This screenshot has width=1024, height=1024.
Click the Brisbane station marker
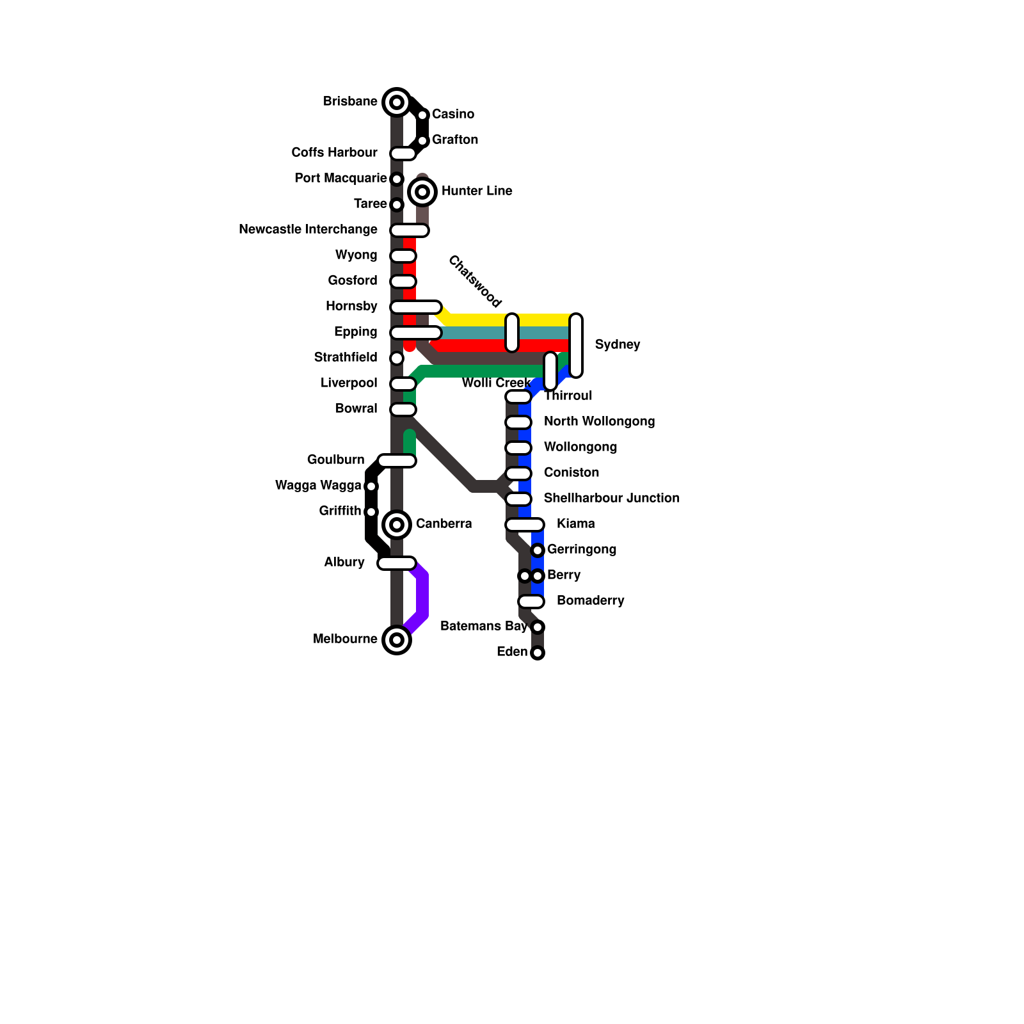pyautogui.click(x=397, y=102)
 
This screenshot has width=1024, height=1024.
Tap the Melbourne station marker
pyautogui.click(x=397, y=639)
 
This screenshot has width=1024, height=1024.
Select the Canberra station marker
pyautogui.click(x=397, y=525)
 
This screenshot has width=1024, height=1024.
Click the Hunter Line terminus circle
pyautogui.click(x=422, y=192)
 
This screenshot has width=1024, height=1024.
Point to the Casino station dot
pyautogui.click(x=422, y=115)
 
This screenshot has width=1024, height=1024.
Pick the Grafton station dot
pyautogui.click(x=422, y=141)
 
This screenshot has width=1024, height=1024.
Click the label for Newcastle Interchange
pyautogui.click(x=308, y=230)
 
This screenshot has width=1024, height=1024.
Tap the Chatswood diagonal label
pyautogui.click(x=474, y=281)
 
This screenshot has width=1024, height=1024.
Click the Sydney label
pyautogui.click(x=617, y=344)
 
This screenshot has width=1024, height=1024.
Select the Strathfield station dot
pyautogui.click(x=397, y=358)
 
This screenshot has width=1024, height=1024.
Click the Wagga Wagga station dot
pyautogui.click(x=371, y=486)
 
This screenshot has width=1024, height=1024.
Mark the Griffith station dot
pyautogui.click(x=371, y=512)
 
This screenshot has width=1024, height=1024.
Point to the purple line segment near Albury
pyautogui.click(x=422, y=595)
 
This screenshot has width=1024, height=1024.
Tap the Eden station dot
pyautogui.click(x=538, y=653)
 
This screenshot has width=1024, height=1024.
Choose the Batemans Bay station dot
pyautogui.click(x=538, y=627)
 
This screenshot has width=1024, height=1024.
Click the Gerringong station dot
pyautogui.click(x=538, y=550)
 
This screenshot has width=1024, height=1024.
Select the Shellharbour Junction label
pyautogui.click(x=611, y=498)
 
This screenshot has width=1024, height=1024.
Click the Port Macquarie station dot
pyautogui.click(x=397, y=179)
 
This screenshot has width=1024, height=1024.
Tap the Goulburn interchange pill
pyautogui.click(x=397, y=461)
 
